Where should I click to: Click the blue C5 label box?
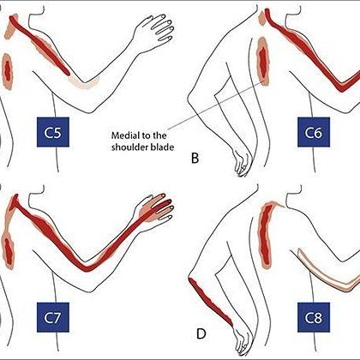53,132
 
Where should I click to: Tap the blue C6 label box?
314,132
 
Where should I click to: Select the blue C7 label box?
53,317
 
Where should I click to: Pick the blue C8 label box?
314,317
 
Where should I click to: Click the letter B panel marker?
195,159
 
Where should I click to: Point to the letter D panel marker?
201,334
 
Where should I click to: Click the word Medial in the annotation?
125,135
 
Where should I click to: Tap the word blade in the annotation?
164,147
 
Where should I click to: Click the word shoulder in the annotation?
131,147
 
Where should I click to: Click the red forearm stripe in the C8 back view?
211,302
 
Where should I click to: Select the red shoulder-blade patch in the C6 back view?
263,62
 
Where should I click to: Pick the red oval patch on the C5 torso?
8,71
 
